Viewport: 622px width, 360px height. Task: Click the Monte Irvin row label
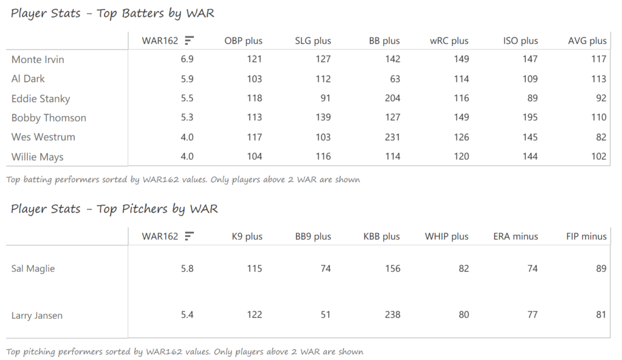38,59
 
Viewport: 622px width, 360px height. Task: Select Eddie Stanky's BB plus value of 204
392,98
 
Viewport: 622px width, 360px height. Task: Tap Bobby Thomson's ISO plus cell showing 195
530,118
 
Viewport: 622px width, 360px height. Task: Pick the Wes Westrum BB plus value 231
392,137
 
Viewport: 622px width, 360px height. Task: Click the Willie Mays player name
38,157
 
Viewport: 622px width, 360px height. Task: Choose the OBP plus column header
244,41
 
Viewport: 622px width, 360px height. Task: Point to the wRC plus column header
449,41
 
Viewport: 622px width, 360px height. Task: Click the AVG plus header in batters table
587,41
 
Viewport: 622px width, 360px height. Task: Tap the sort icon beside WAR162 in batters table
190,41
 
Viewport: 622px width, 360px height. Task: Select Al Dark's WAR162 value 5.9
187,79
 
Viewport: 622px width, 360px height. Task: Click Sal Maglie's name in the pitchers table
33,268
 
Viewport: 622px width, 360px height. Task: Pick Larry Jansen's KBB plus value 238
392,315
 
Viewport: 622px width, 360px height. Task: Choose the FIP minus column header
586,236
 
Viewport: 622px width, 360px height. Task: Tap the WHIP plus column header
446,236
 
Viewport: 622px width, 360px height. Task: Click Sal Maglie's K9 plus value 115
255,268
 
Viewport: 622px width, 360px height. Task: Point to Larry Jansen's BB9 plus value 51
326,315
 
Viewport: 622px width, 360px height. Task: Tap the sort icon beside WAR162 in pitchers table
190,236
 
